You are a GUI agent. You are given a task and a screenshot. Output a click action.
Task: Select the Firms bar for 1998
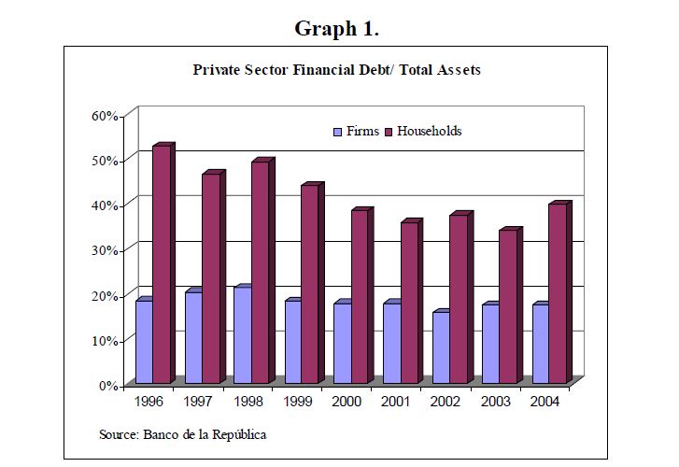[243, 335]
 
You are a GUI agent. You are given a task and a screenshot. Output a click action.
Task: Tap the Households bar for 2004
[557, 293]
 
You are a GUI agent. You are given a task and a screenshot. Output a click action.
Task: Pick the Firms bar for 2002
[441, 347]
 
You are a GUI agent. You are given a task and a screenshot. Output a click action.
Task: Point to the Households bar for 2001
[409, 303]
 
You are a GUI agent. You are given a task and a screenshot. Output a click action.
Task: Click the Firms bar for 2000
[342, 343]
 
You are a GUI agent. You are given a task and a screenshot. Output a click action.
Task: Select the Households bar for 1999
[310, 284]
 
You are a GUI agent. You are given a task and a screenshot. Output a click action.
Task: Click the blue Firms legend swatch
[338, 132]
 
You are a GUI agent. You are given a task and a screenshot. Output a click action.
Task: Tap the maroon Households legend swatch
[389, 132]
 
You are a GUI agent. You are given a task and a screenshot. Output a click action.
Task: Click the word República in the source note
[238, 435]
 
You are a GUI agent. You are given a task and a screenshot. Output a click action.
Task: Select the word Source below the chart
[118, 435]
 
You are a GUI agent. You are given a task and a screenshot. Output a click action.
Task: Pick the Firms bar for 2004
[540, 343]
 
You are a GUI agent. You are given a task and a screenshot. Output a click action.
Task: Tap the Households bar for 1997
[211, 278]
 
